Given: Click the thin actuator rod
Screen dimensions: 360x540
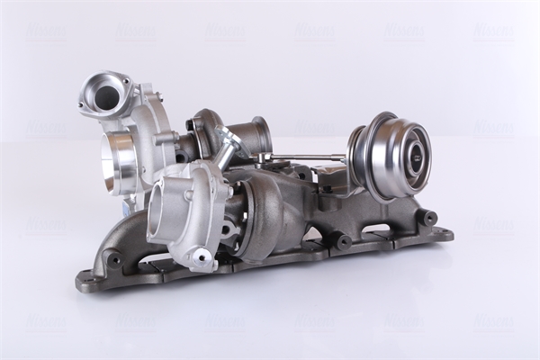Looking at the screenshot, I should (x=306, y=157).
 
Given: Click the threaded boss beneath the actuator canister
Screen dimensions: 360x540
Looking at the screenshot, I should (x=343, y=241).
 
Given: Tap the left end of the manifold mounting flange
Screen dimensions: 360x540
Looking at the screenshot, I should (x=86, y=280).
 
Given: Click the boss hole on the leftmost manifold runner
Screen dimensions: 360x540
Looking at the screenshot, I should (x=115, y=260).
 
